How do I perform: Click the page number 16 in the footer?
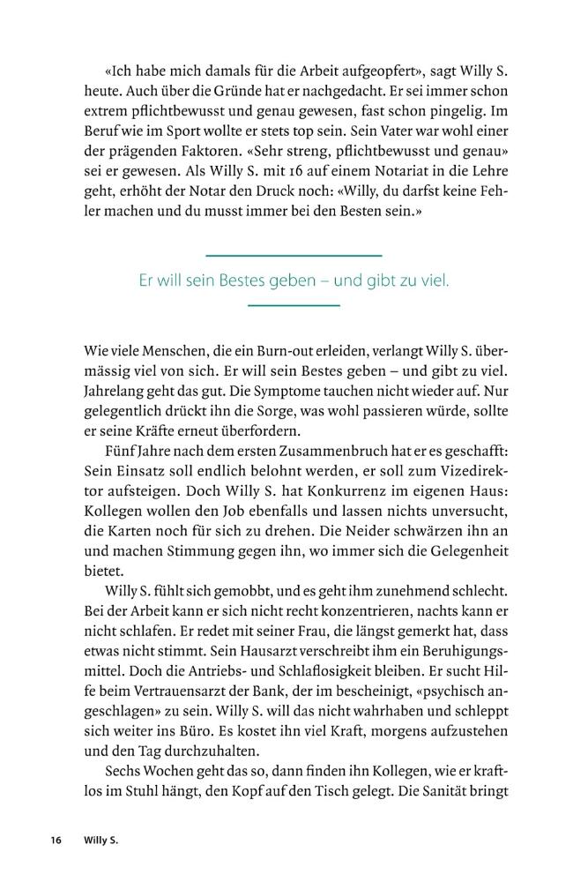pyautogui.click(x=56, y=841)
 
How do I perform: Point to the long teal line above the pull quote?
pyautogui.click(x=294, y=256)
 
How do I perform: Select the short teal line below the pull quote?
pyautogui.click(x=294, y=305)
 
